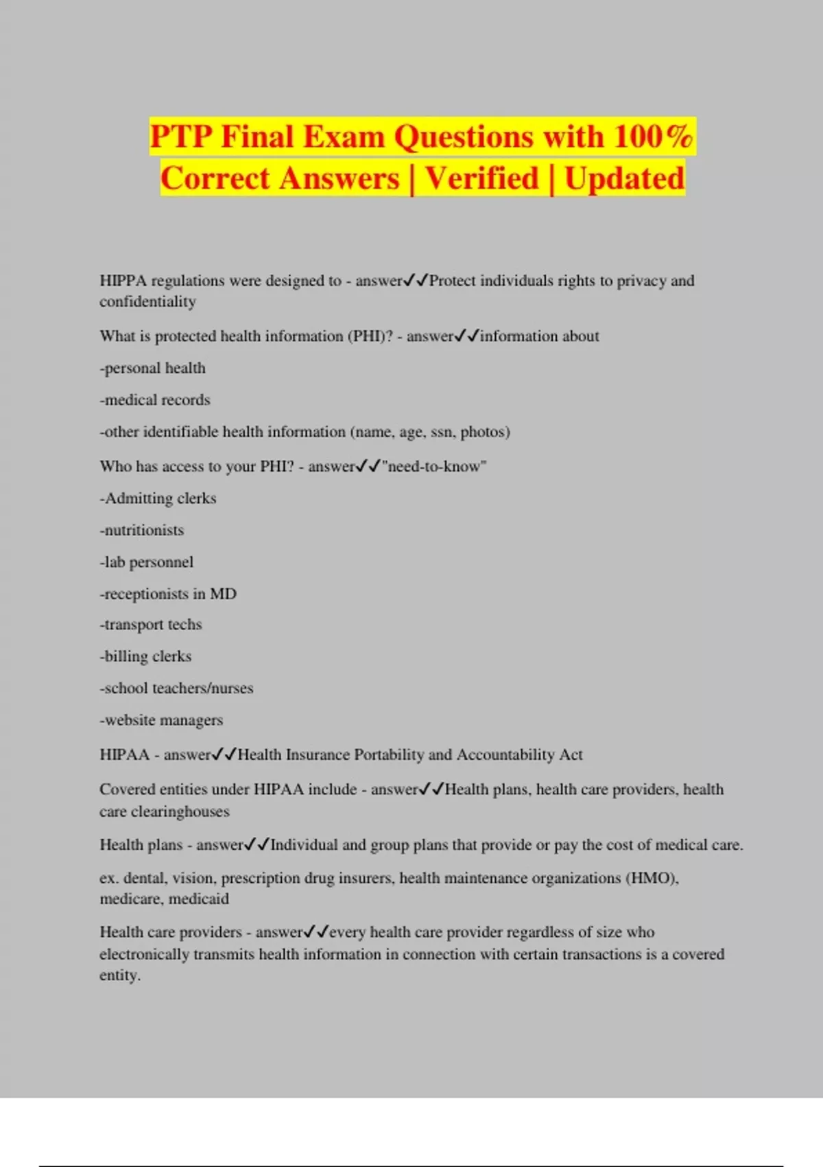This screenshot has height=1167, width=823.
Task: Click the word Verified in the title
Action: click(x=481, y=178)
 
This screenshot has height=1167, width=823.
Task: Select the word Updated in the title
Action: click(x=624, y=178)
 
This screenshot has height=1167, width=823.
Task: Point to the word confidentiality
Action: click(x=147, y=301)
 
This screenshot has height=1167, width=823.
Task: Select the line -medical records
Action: click(x=155, y=400)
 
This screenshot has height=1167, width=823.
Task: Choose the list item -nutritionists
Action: click(x=142, y=531)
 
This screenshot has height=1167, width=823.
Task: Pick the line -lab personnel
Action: click(x=147, y=562)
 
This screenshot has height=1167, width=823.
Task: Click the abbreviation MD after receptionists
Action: click(x=223, y=594)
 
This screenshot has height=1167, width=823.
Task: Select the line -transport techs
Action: click(x=151, y=625)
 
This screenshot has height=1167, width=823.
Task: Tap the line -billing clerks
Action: click(x=145, y=657)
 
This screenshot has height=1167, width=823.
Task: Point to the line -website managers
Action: click(x=161, y=720)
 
